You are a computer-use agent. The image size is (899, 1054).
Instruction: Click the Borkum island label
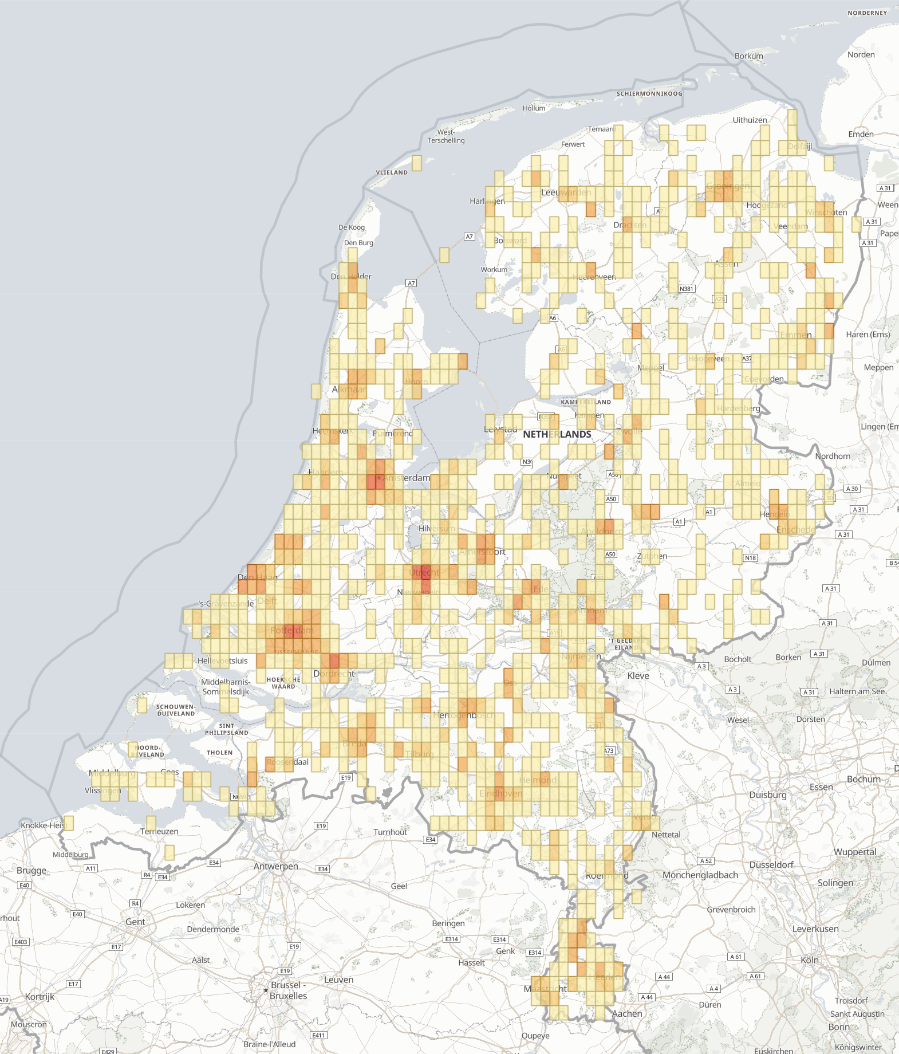tap(748, 56)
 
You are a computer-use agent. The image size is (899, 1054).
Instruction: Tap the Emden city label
tap(861, 134)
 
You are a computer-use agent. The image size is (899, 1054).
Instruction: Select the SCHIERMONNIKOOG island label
tap(649, 93)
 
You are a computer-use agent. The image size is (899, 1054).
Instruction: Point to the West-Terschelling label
tap(446, 136)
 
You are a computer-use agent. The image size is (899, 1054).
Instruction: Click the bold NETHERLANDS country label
tap(557, 434)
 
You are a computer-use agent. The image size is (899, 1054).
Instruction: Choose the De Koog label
tap(351, 227)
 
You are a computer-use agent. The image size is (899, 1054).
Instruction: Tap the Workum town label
tap(494, 270)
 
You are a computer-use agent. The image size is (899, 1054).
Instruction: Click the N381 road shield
tap(687, 289)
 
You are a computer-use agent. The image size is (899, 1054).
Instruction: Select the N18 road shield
tap(750, 558)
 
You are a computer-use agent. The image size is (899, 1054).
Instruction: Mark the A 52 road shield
tap(706, 861)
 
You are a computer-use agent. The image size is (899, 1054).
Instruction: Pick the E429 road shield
tap(108, 1051)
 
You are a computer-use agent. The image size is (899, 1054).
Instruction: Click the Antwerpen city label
tap(275, 866)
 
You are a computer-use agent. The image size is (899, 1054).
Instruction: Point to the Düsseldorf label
tap(771, 864)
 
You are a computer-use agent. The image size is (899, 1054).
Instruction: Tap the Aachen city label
tap(626, 1013)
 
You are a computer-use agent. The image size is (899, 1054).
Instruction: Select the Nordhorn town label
tap(833, 456)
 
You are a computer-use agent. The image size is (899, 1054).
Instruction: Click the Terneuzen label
tap(159, 831)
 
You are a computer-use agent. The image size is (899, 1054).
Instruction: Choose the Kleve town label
tap(638, 675)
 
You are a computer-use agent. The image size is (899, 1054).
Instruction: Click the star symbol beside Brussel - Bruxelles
tap(266, 990)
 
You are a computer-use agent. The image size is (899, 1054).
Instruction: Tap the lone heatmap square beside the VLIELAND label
tap(417, 163)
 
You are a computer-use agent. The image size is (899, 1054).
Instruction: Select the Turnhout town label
tap(390, 832)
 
